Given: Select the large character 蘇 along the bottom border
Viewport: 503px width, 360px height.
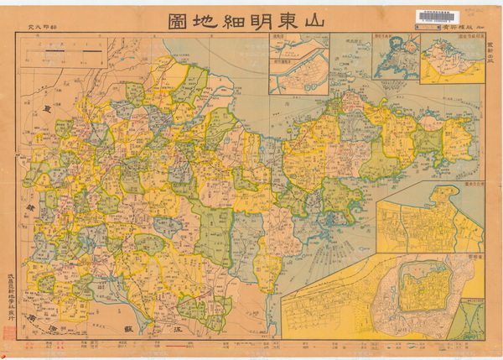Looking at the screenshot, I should click(128, 330).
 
